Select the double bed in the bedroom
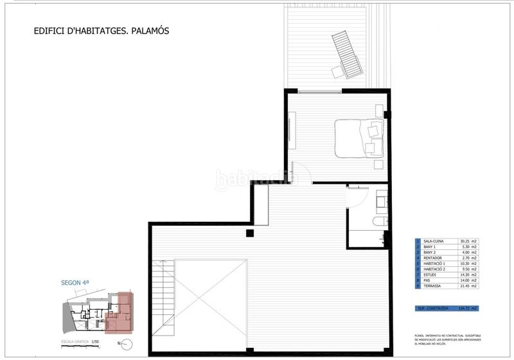[x=360, y=138]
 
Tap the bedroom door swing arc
[x=302, y=171]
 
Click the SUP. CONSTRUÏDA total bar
[x=447, y=309]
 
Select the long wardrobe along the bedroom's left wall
[x=292, y=132]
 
